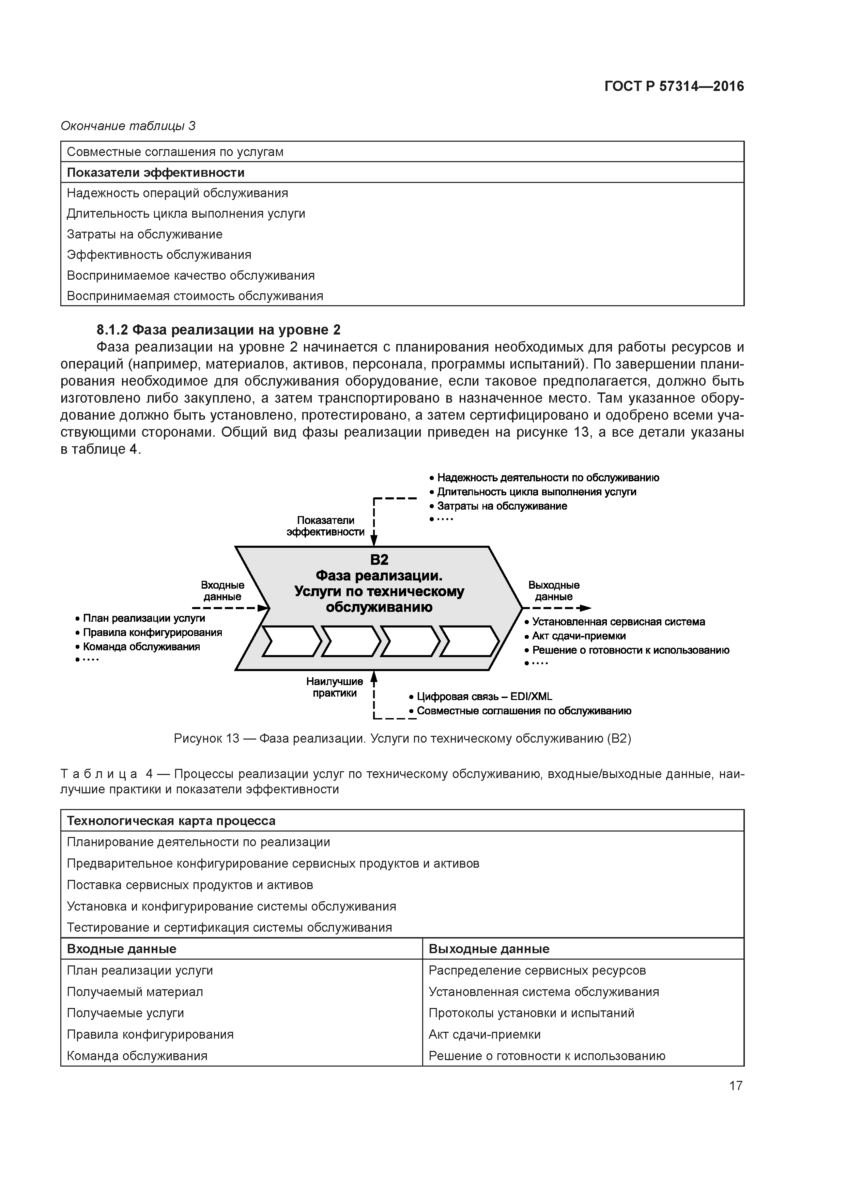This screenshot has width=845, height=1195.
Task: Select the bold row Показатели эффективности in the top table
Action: point(156,172)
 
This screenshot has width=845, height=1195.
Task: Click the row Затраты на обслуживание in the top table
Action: point(145,234)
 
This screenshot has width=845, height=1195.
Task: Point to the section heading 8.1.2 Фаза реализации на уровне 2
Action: point(219,330)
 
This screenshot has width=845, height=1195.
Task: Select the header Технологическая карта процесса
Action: point(171,821)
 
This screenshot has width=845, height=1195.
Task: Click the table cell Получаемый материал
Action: point(135,992)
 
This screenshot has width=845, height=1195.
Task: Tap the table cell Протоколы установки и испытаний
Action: point(531,1013)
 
